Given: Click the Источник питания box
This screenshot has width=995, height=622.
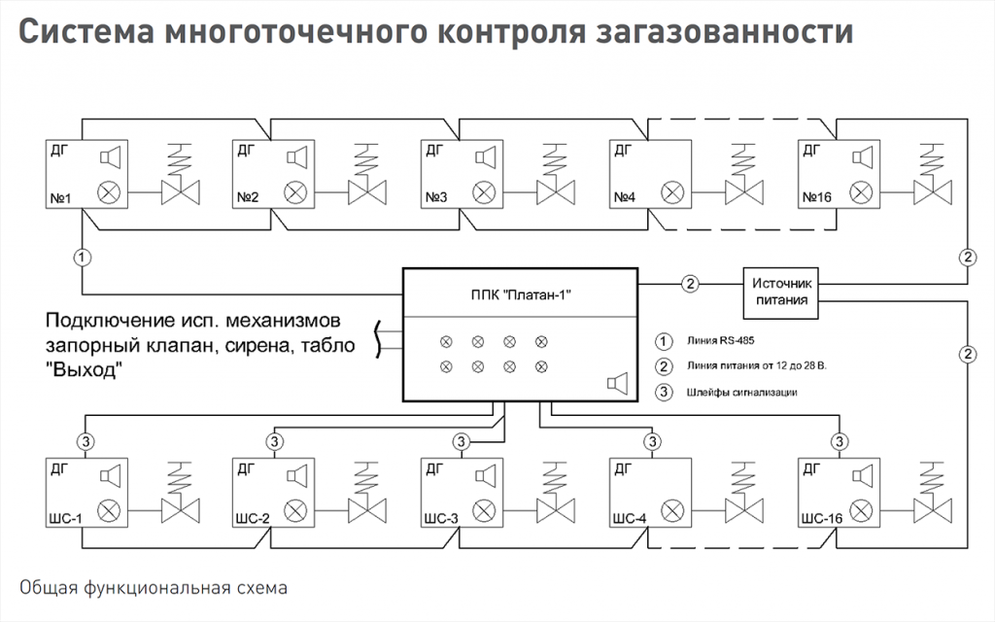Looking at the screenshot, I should pyautogui.click(x=781, y=291).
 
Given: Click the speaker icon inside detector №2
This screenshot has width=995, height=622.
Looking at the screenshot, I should pyautogui.click(x=296, y=156).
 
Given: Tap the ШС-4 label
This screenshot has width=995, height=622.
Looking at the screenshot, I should pyautogui.click(x=629, y=517).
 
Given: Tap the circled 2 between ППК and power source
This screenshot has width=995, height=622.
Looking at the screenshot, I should pyautogui.click(x=689, y=284).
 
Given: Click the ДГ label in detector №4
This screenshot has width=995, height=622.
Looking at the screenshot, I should pyautogui.click(x=622, y=150).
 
